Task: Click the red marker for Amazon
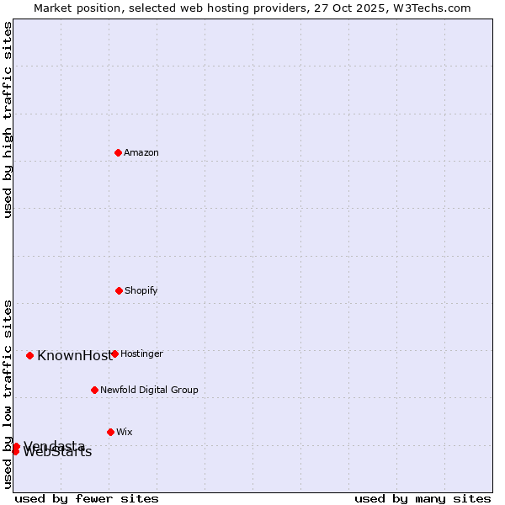click(x=118, y=152)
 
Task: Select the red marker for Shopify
click(x=119, y=290)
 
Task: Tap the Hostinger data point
click(x=114, y=353)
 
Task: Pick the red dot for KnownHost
click(x=29, y=355)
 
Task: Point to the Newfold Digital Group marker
click(x=94, y=390)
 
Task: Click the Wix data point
click(x=110, y=432)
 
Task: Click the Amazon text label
click(x=141, y=152)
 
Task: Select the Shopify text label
click(x=141, y=290)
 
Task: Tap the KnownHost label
click(x=74, y=355)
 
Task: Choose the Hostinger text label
click(x=141, y=353)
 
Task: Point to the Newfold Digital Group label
click(x=149, y=390)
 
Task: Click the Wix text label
click(x=125, y=432)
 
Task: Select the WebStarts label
click(x=57, y=453)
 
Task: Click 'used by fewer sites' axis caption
click(x=87, y=498)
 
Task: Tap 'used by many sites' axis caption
click(x=423, y=498)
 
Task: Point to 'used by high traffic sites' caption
click(x=8, y=120)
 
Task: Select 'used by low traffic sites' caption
click(x=8, y=394)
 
